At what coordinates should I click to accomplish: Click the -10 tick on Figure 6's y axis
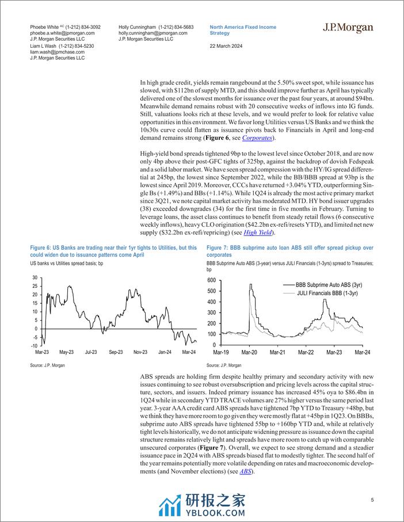point(35,345)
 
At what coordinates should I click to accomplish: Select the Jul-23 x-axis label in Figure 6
point(91,351)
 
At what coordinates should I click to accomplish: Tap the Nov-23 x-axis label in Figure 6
point(141,351)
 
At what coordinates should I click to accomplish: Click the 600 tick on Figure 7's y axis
point(211,280)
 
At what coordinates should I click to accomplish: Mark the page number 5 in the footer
point(372,500)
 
